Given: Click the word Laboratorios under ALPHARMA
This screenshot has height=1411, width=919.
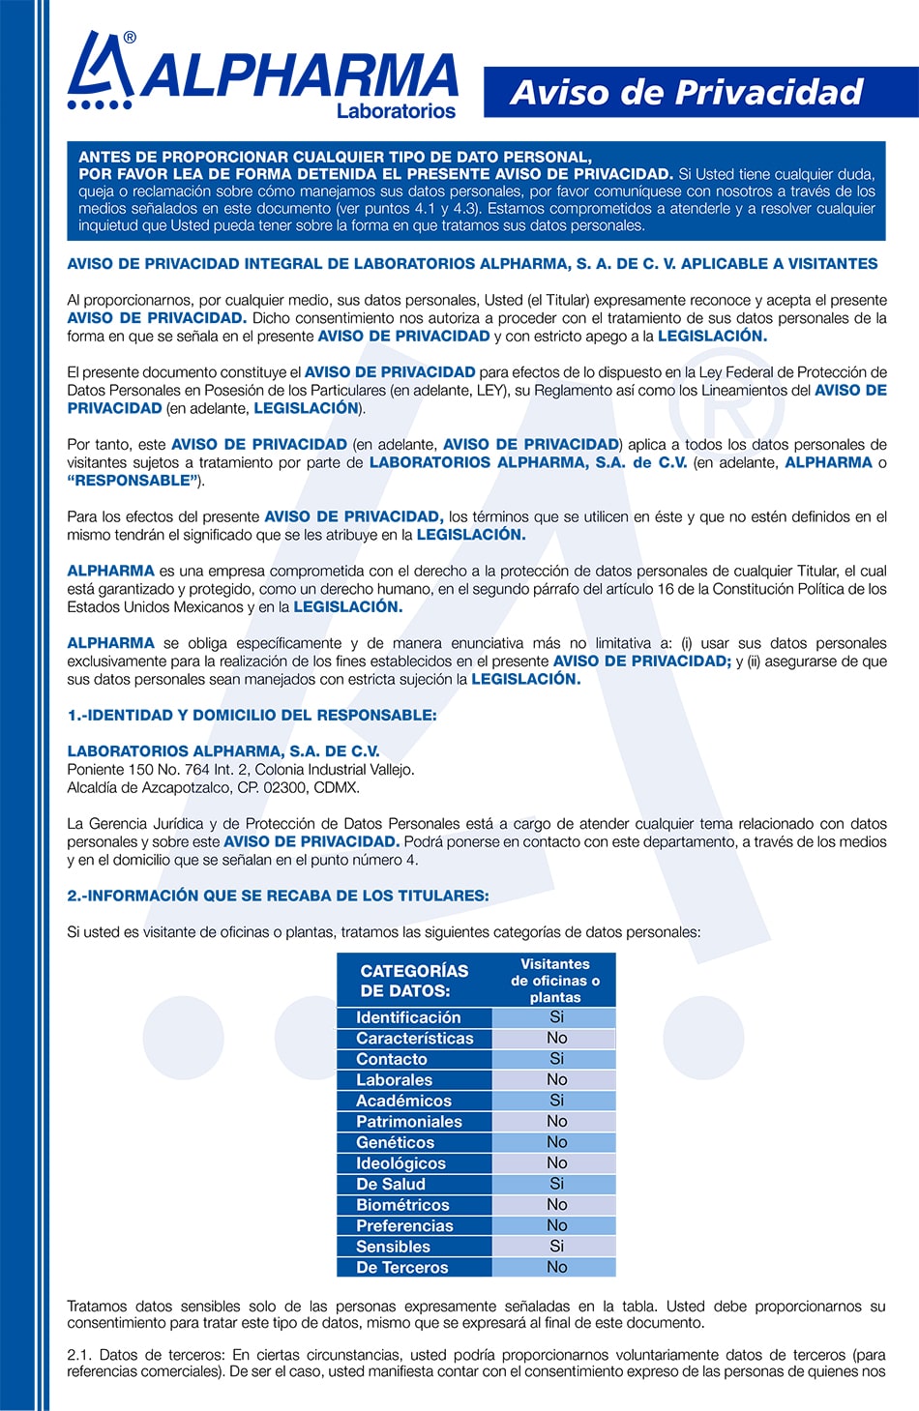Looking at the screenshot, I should pyautogui.click(x=396, y=111).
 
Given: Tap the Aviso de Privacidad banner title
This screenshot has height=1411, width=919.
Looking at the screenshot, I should pyautogui.click(x=686, y=92).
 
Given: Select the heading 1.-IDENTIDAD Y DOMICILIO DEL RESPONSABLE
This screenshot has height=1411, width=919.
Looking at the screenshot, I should pyautogui.click(x=252, y=716).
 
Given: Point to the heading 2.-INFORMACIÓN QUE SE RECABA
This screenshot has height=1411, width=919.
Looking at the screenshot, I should pyautogui.click(x=278, y=897).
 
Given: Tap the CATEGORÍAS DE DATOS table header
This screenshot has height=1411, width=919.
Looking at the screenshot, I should pyautogui.click(x=414, y=981).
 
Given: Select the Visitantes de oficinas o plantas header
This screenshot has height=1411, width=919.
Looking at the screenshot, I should pyautogui.click(x=555, y=981).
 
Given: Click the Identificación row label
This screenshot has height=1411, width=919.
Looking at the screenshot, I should pyautogui.click(x=408, y=1017).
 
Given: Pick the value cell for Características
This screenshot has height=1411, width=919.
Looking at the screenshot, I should pyautogui.click(x=556, y=1038).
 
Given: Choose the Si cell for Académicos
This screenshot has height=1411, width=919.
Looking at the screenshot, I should pyautogui.click(x=556, y=1101).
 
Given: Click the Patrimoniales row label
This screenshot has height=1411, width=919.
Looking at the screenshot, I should pyautogui.click(x=409, y=1122).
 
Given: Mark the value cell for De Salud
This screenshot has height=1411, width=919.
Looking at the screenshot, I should pyautogui.click(x=556, y=1184).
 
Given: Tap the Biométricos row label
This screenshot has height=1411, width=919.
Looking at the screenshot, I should pyautogui.click(x=402, y=1205).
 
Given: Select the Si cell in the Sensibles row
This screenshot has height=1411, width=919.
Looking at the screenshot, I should pyautogui.click(x=556, y=1247).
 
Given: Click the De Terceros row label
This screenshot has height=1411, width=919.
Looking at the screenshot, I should pyautogui.click(x=402, y=1268).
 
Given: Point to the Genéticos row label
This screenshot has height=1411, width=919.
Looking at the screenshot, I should pyautogui.click(x=395, y=1142).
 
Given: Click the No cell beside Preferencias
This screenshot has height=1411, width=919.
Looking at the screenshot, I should pyautogui.click(x=556, y=1225).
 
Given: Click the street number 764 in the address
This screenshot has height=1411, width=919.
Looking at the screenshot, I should pyautogui.click(x=197, y=770).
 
